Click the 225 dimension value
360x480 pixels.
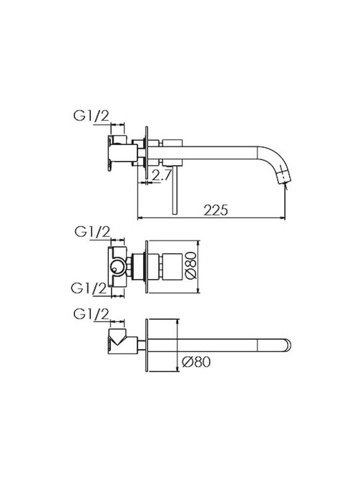[216, 210]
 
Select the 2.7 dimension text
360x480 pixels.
[161, 175]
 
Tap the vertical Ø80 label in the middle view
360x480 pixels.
[191, 265]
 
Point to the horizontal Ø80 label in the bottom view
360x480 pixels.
[196, 362]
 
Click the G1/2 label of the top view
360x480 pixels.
[91, 116]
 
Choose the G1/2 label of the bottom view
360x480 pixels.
[91, 315]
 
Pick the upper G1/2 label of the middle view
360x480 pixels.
[92, 232]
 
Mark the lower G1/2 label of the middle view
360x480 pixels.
[89, 288]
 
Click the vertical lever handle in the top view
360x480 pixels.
[175, 190]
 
